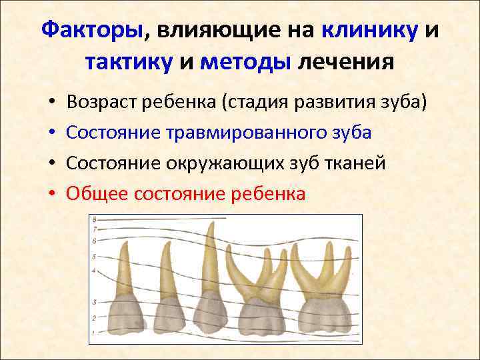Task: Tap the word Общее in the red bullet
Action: click(x=98, y=194)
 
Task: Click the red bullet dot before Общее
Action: click(x=51, y=194)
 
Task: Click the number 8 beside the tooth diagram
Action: click(x=95, y=219)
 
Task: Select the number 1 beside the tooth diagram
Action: click(x=94, y=332)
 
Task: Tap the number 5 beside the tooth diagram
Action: click(x=94, y=257)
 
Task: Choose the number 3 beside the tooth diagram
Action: click(x=95, y=302)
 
